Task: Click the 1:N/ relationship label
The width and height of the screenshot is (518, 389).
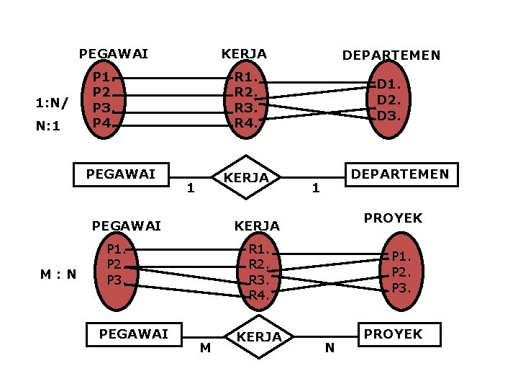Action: [53, 102]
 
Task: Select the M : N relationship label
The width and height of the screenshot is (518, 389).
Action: [59, 274]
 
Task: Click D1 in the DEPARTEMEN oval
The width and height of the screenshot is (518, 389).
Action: [388, 84]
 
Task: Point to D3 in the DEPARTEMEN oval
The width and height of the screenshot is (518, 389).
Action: [388, 115]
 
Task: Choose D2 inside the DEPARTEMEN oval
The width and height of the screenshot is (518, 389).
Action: [388, 99]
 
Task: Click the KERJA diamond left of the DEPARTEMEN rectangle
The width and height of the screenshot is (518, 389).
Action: [245, 177]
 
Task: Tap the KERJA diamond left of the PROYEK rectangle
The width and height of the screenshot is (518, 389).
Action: [258, 336]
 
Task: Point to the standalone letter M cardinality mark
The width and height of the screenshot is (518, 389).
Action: [206, 349]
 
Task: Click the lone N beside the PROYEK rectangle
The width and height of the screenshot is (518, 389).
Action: [330, 349]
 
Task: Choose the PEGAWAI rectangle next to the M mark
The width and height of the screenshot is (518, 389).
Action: [134, 334]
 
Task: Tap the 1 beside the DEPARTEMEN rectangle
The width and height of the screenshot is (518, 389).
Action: [315, 189]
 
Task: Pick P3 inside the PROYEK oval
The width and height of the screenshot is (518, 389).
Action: [401, 288]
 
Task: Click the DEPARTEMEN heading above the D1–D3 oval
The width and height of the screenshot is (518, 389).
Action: [391, 55]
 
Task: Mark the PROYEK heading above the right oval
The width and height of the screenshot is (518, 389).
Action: [393, 218]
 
